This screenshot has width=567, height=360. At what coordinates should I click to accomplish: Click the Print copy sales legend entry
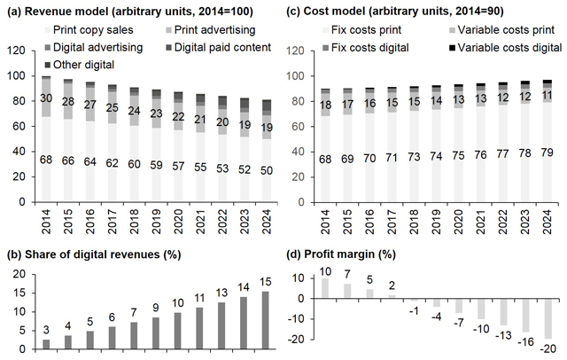[89, 29]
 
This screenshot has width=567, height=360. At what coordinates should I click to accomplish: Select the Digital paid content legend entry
[218, 47]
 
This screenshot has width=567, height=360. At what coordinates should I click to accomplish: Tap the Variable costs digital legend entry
[505, 47]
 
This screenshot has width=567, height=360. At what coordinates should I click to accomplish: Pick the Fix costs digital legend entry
[366, 47]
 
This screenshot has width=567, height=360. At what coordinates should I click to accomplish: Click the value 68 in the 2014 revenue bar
[46, 160]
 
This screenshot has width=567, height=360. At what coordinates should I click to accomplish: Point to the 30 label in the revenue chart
[46, 98]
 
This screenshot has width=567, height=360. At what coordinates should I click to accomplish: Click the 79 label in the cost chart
[547, 153]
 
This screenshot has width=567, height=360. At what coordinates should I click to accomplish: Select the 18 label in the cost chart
[325, 106]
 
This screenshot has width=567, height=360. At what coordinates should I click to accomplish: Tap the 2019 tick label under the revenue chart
[156, 222]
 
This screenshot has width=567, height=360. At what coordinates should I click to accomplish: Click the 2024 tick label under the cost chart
[547, 222]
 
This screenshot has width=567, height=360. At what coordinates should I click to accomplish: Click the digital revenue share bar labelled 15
[266, 321]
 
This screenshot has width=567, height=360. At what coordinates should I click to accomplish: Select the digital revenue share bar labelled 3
[46, 344]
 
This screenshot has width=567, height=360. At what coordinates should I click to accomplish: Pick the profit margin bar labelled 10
[325, 288]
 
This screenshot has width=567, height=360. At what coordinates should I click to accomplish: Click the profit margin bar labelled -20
[548, 318]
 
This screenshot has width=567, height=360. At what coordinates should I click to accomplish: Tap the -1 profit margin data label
[414, 311]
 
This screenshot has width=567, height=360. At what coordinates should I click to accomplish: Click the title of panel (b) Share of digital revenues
[94, 254]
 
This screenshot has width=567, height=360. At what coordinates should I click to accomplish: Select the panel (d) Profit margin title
[341, 254]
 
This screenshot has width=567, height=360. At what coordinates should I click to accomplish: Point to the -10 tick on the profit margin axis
[296, 319]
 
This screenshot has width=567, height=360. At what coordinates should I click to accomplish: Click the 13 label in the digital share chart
[221, 292]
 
